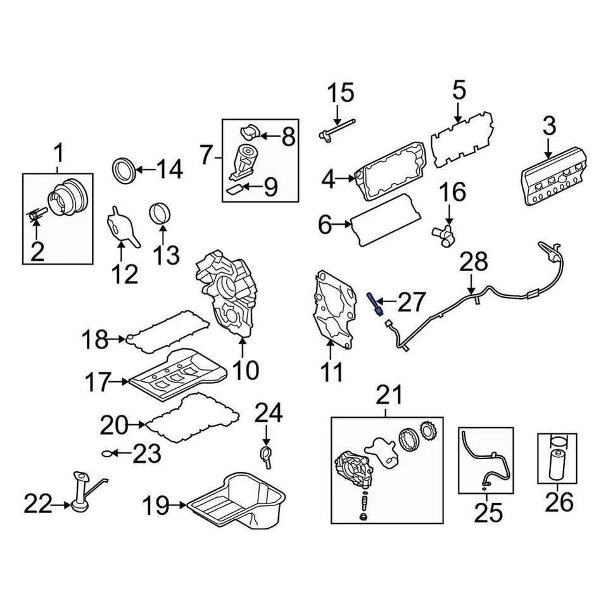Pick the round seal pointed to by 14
pos(123,170)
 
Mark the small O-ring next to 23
pos(109,453)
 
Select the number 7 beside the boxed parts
pos(206,154)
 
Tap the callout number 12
pos(124,274)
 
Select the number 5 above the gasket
pos(459,90)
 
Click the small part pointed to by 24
pos(266,455)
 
